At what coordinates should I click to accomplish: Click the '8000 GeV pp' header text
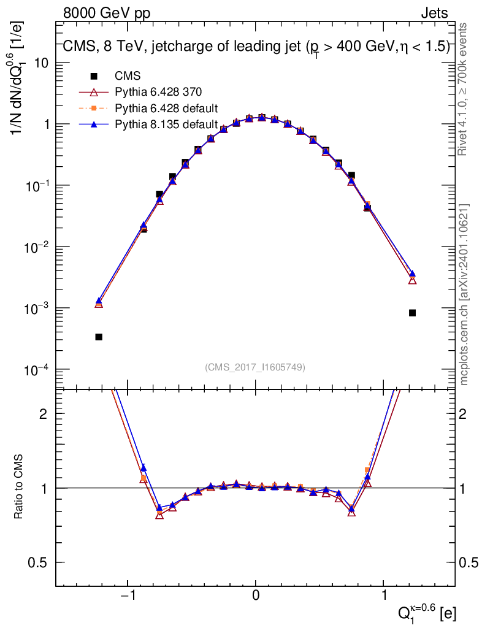pyautogui.click(x=107, y=13)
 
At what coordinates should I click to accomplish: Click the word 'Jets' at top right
pyautogui.click(x=434, y=13)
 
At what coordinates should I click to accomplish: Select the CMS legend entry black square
pyautogui.click(x=94, y=75)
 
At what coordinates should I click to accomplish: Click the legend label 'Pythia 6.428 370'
pyautogui.click(x=158, y=92)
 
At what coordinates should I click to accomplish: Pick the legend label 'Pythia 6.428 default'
pyautogui.click(x=166, y=109)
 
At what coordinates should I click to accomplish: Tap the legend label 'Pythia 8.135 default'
pyautogui.click(x=166, y=124)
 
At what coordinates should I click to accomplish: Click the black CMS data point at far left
pyautogui.click(x=99, y=337)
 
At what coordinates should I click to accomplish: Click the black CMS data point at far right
pyautogui.click(x=412, y=313)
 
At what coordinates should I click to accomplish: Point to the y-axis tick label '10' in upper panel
pyautogui.click(x=42, y=63)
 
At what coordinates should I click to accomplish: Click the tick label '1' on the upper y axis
pyautogui.click(x=47, y=124)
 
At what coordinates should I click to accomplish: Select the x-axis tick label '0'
pyautogui.click(x=256, y=595)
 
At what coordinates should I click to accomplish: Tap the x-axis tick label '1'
pyautogui.click(x=383, y=595)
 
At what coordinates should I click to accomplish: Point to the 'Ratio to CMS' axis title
pyautogui.click(x=18, y=486)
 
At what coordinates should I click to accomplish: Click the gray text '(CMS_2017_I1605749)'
pyautogui.click(x=255, y=367)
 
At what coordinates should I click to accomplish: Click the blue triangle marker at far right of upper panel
pyautogui.click(x=412, y=274)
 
